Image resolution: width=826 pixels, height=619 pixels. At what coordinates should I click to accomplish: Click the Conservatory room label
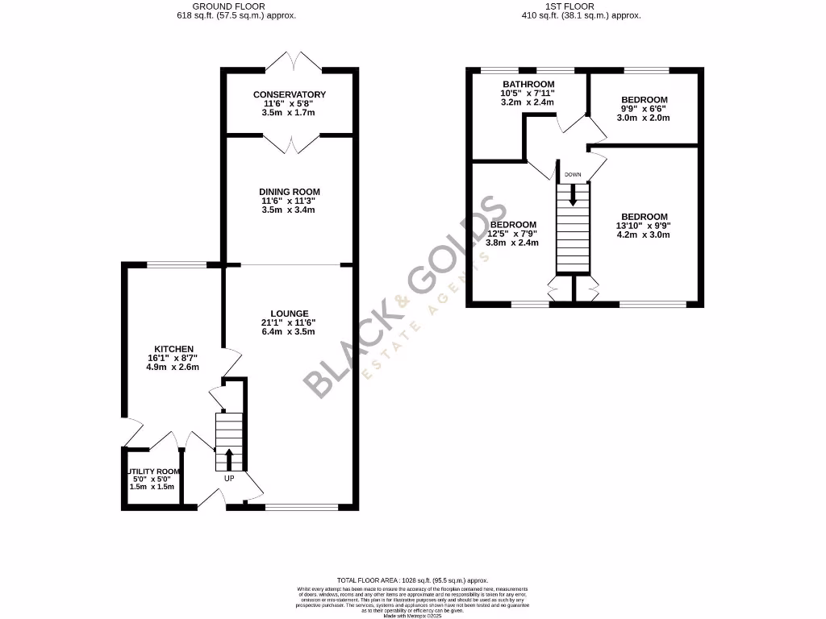(289, 95)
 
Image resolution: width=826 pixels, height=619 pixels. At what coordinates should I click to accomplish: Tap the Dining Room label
(289, 192)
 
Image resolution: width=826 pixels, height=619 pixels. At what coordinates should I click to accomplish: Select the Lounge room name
(289, 314)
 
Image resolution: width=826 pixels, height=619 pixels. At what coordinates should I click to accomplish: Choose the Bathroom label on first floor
(528, 85)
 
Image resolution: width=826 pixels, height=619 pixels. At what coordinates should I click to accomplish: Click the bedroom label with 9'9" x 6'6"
(645, 100)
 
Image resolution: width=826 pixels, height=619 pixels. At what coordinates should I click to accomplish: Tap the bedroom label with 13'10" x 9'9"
(645, 217)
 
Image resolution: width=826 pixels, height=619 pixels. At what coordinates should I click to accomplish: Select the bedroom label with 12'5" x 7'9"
(513, 224)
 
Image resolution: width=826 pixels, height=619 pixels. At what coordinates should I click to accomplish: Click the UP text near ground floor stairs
(229, 478)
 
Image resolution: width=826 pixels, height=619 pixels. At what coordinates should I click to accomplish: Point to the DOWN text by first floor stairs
(573, 175)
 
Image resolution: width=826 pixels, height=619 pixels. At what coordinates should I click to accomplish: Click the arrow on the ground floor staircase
(228, 459)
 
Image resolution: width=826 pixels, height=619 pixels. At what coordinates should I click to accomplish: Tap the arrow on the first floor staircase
(573, 193)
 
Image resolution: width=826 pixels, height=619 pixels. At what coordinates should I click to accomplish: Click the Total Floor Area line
(412, 580)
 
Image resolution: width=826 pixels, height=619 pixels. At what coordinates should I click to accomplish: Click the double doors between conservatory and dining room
(289, 143)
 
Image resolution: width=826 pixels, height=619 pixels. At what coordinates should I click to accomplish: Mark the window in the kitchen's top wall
(175, 264)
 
